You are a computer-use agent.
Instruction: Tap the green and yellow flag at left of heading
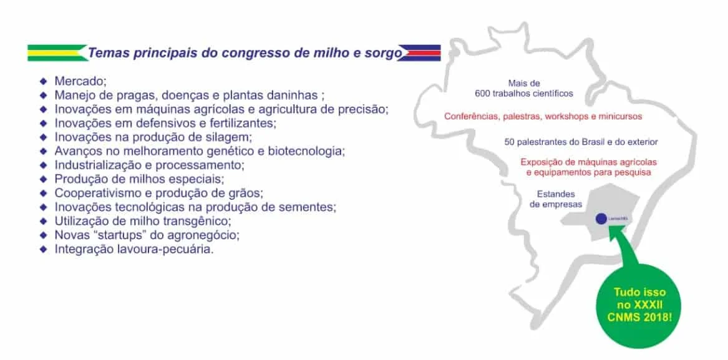point(56,52)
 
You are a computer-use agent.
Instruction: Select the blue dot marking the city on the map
point(601,219)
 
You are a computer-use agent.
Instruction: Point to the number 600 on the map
point(483,94)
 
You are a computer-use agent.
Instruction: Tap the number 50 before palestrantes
point(510,142)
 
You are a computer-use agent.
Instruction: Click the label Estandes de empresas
point(556,199)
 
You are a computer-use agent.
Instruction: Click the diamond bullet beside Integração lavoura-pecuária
point(43,249)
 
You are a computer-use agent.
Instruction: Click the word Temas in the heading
point(109,53)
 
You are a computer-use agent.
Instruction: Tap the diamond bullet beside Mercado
point(43,82)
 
